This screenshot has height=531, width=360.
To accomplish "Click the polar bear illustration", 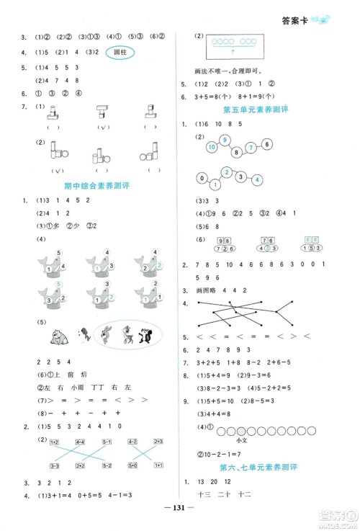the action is [58, 336].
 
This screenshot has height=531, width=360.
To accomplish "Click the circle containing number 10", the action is [212, 148].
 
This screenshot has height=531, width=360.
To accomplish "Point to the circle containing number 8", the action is [236, 152].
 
